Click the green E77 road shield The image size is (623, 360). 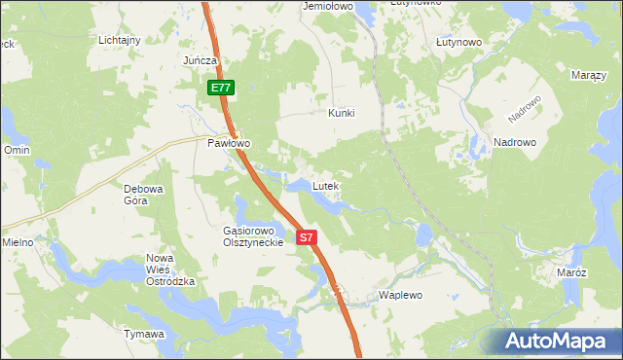point(220,88)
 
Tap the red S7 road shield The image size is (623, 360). point(307,236)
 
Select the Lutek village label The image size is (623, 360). point(325,185)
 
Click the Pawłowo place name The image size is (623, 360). point(229,143)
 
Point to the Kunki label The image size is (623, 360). point(342,113)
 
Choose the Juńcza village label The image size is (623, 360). point(200,60)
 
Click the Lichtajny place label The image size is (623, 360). point(120,40)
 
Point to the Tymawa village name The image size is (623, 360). point(143,334)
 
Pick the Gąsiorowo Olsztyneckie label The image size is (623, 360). point(252,236)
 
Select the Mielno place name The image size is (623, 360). point(18,241)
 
